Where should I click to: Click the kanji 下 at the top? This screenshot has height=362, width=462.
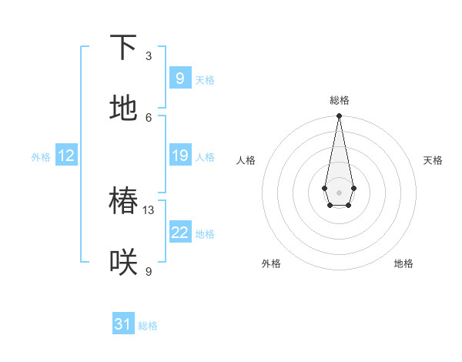tap(123, 48)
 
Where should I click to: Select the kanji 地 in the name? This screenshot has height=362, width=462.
tap(123, 108)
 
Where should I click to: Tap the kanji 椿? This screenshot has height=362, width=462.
tap(123, 202)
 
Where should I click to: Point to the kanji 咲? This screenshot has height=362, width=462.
tap(123, 263)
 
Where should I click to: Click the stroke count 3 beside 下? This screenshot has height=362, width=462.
tap(149, 56)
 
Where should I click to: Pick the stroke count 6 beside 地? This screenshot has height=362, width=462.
tap(149, 117)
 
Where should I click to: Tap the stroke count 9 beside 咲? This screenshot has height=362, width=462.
tap(149, 271)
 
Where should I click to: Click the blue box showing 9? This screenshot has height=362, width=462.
tap(179, 79)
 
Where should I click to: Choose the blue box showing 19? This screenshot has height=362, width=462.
tap(179, 156)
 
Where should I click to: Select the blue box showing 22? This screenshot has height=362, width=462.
tap(179, 233)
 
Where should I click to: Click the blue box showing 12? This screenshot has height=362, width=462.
tap(65, 156)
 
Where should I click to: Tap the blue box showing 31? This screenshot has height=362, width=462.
tap(123, 324)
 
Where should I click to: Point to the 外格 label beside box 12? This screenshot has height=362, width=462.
tap(41, 157)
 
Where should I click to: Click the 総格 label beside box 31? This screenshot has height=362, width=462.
tap(148, 326)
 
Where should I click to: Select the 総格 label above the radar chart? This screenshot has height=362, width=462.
tap(339, 100)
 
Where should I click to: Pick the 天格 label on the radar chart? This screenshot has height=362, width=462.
tap(433, 160)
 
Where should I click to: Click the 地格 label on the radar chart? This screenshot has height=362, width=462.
tap(403, 263)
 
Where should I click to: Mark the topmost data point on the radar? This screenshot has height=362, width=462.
tap(339, 116)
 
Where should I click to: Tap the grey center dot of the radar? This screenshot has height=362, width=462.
tap(339, 191)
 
